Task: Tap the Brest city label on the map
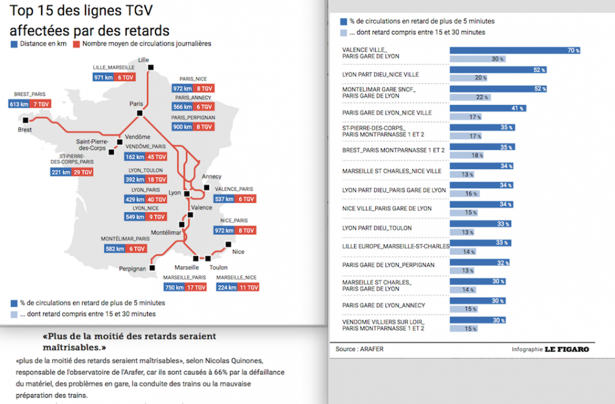(x=25, y=130)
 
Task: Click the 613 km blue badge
(x=20, y=104)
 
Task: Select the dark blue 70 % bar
(x=515, y=50)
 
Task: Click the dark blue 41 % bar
(x=487, y=108)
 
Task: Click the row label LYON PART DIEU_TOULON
(x=377, y=228)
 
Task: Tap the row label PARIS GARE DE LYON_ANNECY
(x=383, y=305)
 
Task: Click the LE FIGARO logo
(x=566, y=350)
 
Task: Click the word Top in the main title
(x=22, y=12)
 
